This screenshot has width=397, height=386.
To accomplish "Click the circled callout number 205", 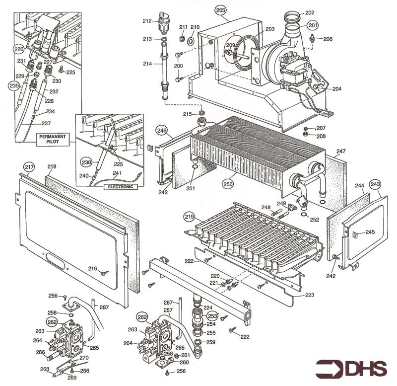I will pyautogui.click(x=220, y=10).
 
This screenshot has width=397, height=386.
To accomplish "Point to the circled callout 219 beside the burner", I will pyautogui.click(x=189, y=217).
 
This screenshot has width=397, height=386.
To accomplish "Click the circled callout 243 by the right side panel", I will pyautogui.click(x=375, y=185).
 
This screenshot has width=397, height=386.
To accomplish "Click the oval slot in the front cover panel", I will pyautogui.click(x=55, y=258).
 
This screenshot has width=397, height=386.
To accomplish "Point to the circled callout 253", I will pyautogui.click(x=212, y=315).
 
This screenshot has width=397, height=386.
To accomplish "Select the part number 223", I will pyautogui.click(x=309, y=296).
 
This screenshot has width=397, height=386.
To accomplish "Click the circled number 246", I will pyautogui.click(x=161, y=131).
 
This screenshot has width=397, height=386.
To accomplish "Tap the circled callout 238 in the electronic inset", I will pyautogui.click(x=87, y=162).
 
